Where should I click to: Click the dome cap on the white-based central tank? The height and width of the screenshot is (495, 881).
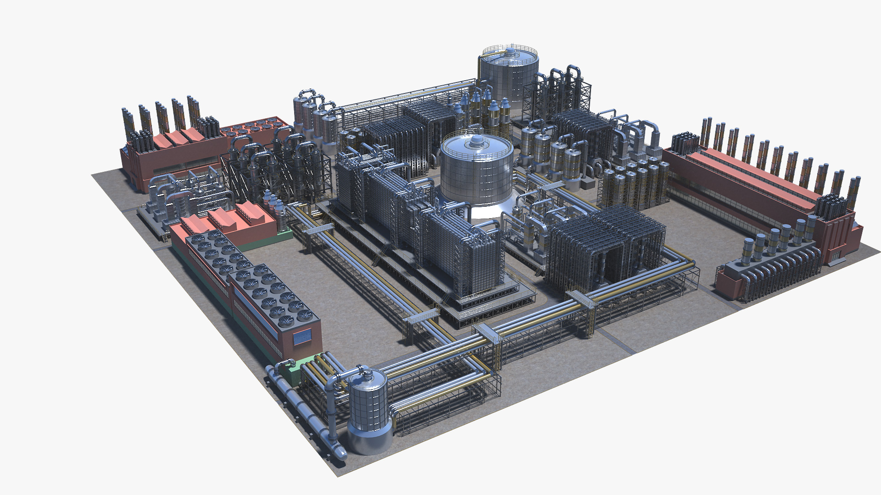coord(476,141)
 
